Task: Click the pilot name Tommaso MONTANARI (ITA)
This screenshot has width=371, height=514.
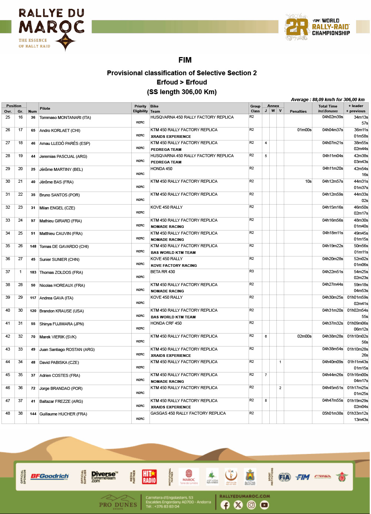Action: pos(65,117)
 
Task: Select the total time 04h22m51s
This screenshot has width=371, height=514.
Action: pos(332,272)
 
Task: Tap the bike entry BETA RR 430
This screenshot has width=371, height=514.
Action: pos(162,272)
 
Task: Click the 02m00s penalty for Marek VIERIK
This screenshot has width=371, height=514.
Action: pos(304,336)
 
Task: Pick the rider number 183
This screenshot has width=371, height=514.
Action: pos(33,272)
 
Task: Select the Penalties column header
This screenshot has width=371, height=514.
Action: pos(298,111)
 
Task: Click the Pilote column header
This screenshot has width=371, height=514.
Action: pos(45,109)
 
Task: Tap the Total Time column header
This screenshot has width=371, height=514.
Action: pos(328,106)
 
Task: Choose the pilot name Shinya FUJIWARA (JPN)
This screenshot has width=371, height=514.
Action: pos(62,324)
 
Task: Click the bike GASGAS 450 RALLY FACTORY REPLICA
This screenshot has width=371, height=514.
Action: pos(188,413)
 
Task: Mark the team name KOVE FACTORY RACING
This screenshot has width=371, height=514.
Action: pos(174,265)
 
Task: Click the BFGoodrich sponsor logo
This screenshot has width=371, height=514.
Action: pos(49,477)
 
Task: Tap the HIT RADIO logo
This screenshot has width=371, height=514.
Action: pos(149,477)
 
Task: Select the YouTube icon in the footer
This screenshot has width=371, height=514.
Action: pos(264,505)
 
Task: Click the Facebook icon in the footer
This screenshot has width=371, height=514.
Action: pos(225,505)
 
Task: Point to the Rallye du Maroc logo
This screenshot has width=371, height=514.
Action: pos(52,29)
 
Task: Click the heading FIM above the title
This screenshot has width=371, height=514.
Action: pos(185,60)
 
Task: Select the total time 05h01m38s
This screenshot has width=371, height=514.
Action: pos(332,414)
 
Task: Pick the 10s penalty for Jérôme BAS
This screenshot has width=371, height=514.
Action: pos(308,182)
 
